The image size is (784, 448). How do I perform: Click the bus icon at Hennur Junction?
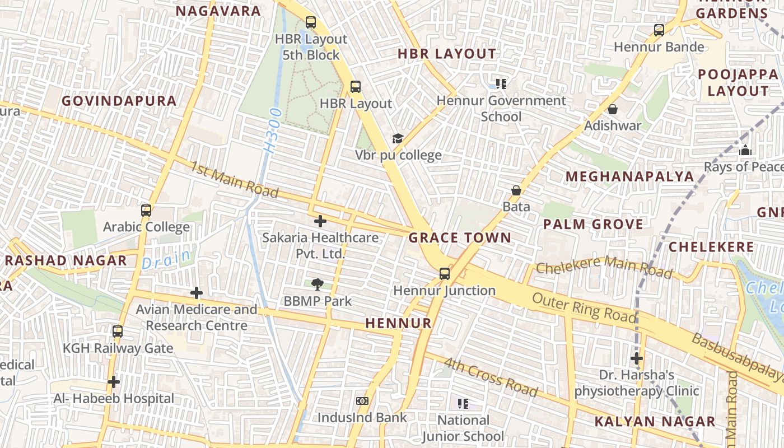tap(445, 273)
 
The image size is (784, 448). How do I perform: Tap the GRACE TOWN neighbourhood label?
tap(459, 237)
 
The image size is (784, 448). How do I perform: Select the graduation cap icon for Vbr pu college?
tap(397, 138)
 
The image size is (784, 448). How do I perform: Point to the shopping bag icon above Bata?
tap(516, 190)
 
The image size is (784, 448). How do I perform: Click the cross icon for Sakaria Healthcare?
tap(320, 221)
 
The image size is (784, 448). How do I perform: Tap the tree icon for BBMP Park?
tap(318, 284)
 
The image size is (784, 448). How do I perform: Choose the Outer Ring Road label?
tap(584, 308)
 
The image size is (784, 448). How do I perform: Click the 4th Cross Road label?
tap(491, 377)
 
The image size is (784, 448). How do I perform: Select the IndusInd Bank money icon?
tap(362, 401)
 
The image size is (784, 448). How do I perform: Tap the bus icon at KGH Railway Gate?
tap(118, 332)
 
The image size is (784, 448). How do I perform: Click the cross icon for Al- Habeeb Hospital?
tap(114, 382)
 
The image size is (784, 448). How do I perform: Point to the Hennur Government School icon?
tap(501, 84)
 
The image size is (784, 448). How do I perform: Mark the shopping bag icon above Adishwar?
tap(613, 109)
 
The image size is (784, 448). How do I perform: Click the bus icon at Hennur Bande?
tap(659, 30)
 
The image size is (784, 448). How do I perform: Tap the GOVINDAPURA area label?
tap(119, 101)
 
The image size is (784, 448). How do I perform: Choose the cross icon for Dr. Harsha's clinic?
tap(637, 358)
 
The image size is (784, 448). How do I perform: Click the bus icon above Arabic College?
tap(146, 211)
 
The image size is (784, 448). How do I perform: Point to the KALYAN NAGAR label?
tap(655, 421)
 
